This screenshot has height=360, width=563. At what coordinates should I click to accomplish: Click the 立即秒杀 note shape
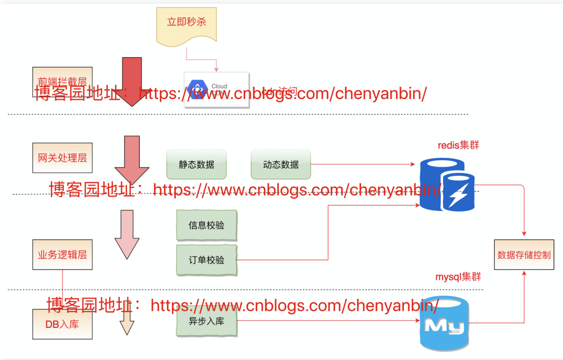click(187, 24)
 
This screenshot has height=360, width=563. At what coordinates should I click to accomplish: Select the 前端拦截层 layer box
click(62, 78)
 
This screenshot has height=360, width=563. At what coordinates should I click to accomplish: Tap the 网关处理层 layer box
click(62, 158)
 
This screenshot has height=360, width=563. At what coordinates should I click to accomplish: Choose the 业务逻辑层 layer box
click(62, 255)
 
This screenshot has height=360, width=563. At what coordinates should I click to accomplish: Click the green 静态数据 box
click(197, 164)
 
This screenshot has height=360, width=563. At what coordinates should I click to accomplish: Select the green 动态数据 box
click(281, 164)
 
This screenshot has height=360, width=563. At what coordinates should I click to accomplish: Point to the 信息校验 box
click(206, 225)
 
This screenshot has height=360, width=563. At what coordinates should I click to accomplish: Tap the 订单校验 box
click(206, 259)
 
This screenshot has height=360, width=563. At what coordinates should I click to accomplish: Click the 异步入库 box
click(206, 321)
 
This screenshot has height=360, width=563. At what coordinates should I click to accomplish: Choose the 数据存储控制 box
click(524, 255)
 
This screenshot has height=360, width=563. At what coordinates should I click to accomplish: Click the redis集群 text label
click(458, 145)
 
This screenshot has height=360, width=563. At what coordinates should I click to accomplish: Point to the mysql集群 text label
click(458, 277)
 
